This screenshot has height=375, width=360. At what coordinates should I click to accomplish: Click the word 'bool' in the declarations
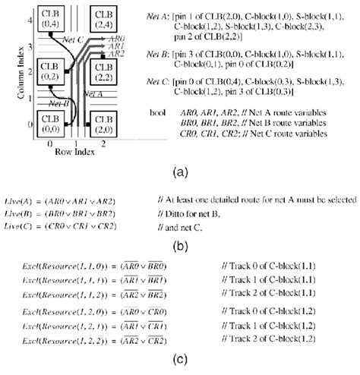coord(158,112)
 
